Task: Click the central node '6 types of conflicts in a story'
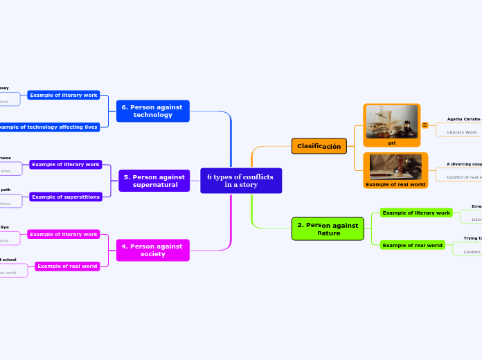pyautogui.click(x=240, y=181)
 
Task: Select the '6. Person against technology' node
pyautogui.click(x=152, y=111)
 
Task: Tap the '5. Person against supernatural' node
pyautogui.click(x=154, y=181)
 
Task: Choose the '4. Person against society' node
pyautogui.click(x=152, y=250)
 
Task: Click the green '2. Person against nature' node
pyautogui.click(x=328, y=229)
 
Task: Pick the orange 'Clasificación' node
pyautogui.click(x=319, y=146)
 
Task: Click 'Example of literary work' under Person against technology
pyautogui.click(x=64, y=95)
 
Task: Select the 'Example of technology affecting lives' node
pyautogui.click(x=48, y=127)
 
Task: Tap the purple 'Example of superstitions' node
pyautogui.click(x=66, y=197)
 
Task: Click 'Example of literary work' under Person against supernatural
pyautogui.click(x=66, y=165)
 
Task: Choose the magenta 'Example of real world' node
pyautogui.click(x=67, y=266)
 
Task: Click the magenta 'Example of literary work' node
pyautogui.click(x=64, y=234)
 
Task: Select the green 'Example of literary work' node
pyautogui.click(x=416, y=213)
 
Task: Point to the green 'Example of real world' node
pyautogui.click(x=413, y=245)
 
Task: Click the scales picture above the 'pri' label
pyautogui.click(x=391, y=121)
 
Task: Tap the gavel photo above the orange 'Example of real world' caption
pyautogui.click(x=395, y=167)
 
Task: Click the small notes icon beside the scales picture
pyautogui.click(x=425, y=125)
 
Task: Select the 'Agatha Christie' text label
pyautogui.click(x=463, y=119)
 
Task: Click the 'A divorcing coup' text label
pyautogui.click(x=463, y=164)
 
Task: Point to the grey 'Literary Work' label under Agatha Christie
pyautogui.click(x=462, y=132)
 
